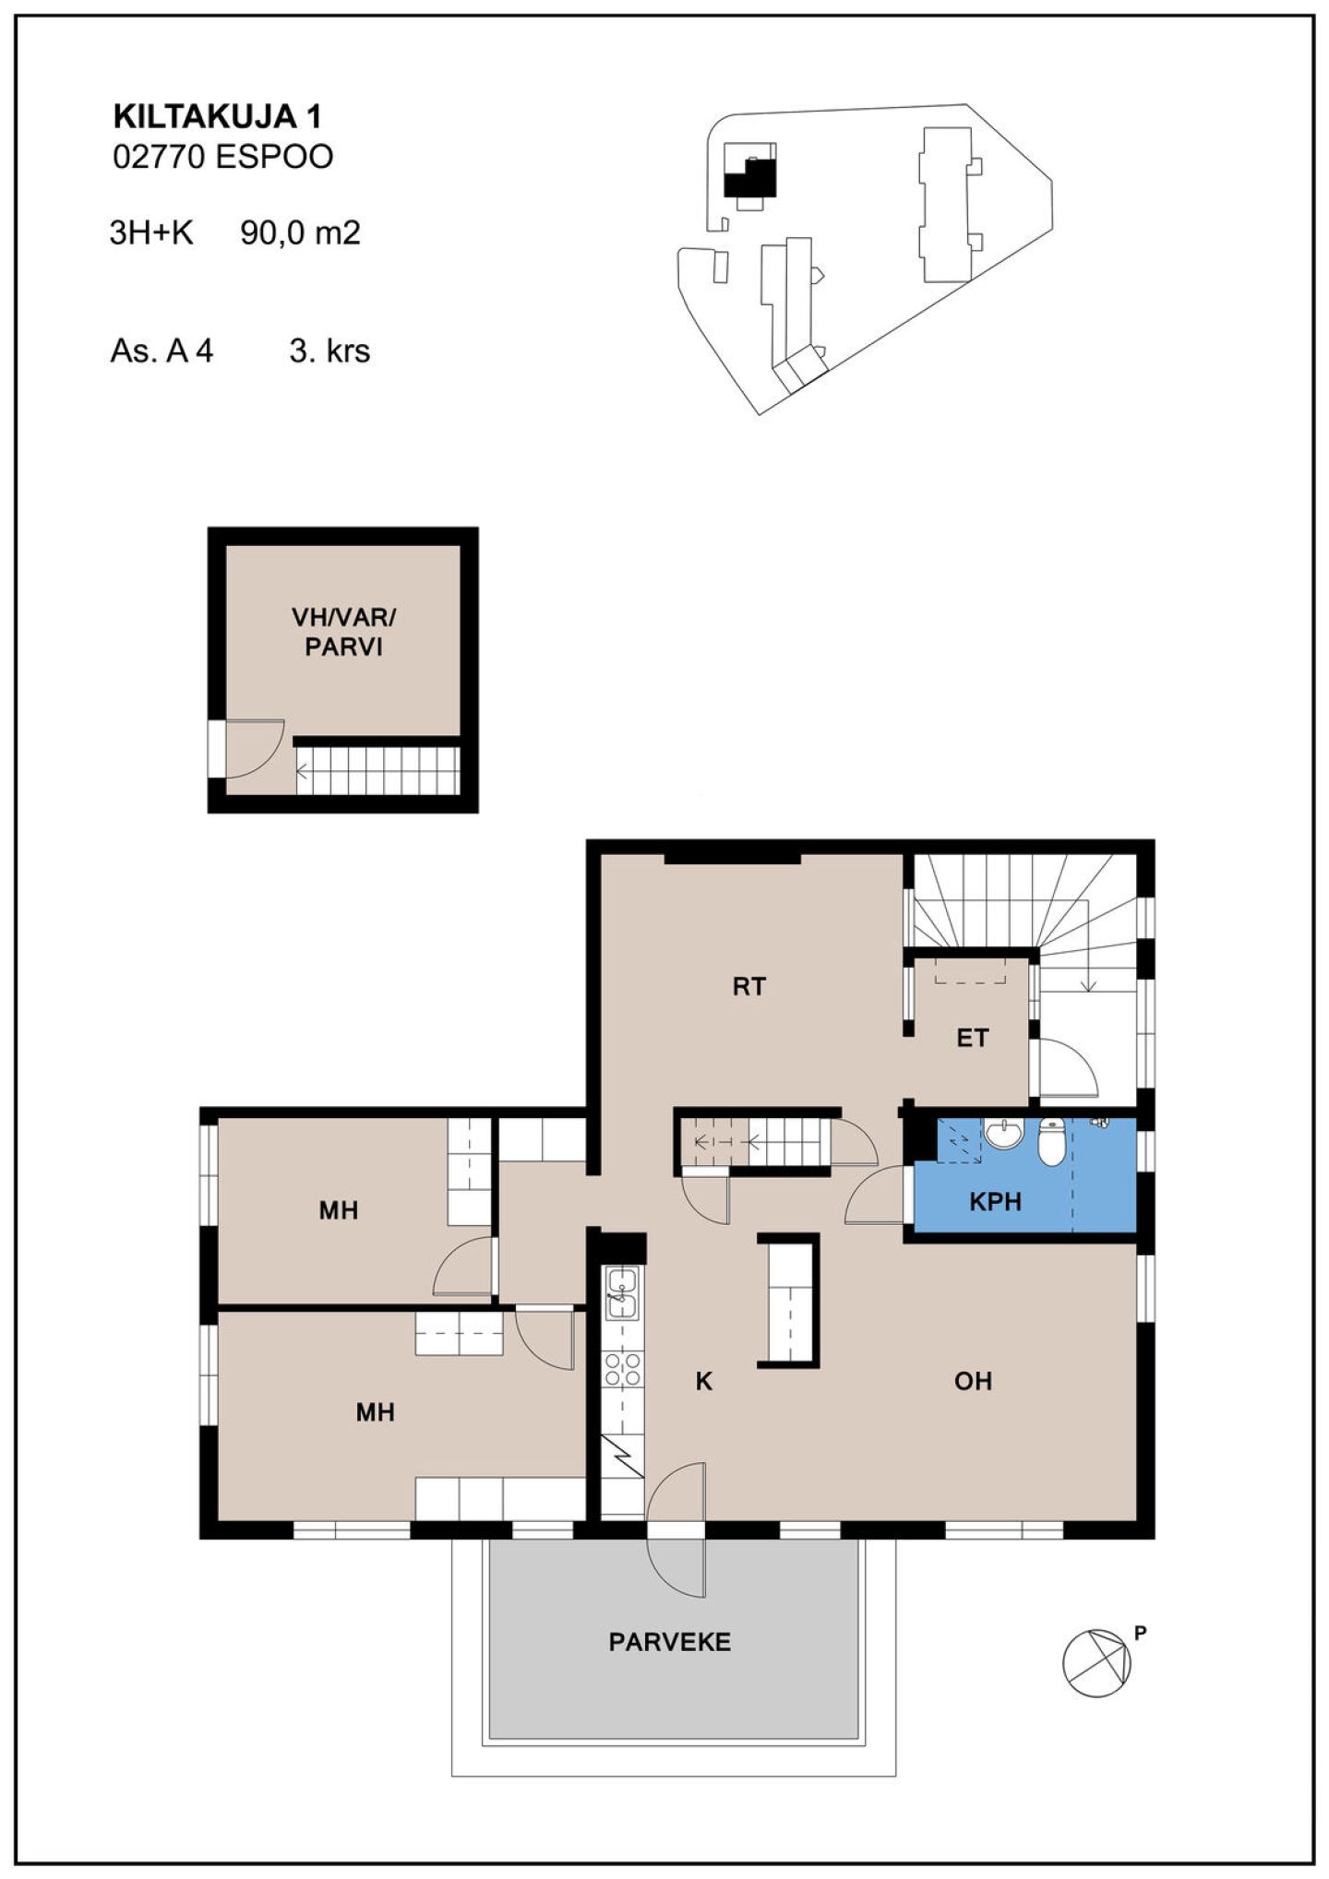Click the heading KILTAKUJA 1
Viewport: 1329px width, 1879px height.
point(217,117)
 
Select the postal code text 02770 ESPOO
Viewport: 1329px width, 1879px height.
point(222,157)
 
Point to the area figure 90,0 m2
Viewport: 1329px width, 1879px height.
point(300,232)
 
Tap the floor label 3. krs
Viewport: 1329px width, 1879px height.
point(329,351)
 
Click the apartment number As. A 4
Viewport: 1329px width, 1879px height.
point(162,351)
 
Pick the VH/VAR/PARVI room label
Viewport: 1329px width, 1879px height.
point(343,632)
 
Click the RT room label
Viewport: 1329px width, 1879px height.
point(748,987)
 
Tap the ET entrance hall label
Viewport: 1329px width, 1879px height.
point(972,1039)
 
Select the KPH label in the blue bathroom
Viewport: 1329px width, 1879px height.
point(996,1202)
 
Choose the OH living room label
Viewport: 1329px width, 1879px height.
point(974,1381)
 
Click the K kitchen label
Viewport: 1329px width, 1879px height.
point(704,1381)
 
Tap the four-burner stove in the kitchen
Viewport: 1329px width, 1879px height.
point(622,1369)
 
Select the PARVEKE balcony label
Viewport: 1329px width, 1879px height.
point(670,1642)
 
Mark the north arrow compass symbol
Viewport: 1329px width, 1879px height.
point(1096,1664)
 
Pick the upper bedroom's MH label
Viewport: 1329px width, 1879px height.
point(339,1210)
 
